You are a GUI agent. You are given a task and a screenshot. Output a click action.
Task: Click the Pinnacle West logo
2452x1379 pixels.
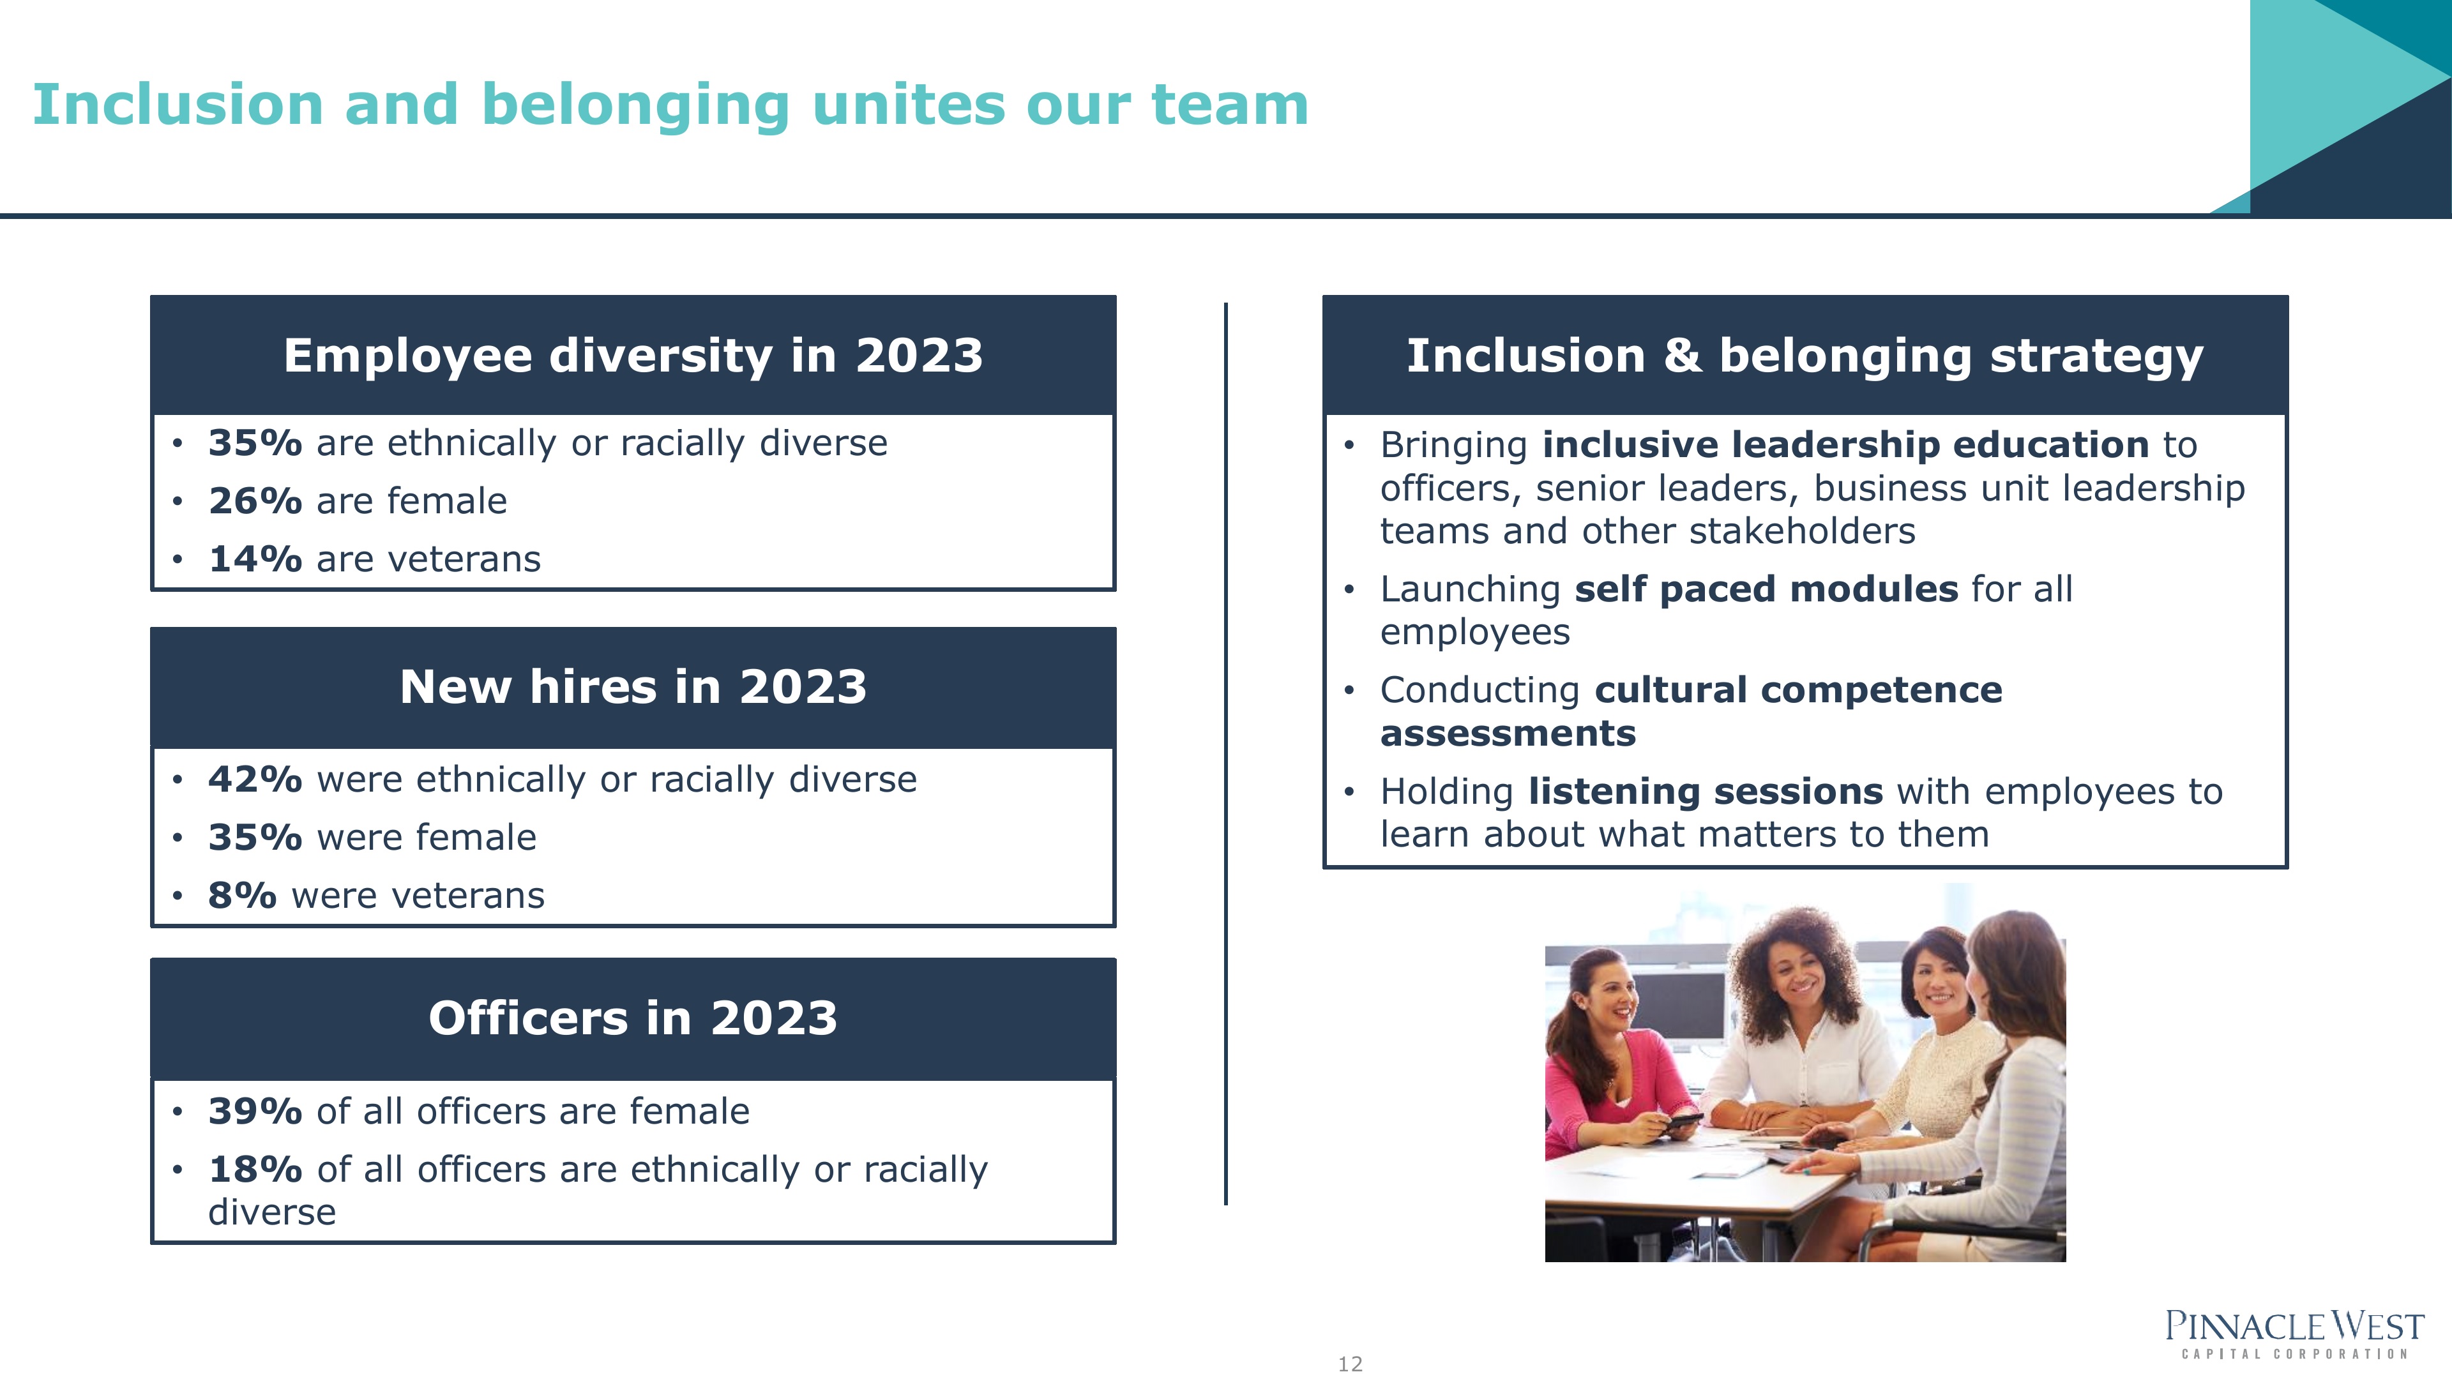2294,1334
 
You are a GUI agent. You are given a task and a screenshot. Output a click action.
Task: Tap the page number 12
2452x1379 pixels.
1350,1364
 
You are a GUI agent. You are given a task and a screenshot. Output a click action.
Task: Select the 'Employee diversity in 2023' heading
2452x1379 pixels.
633,356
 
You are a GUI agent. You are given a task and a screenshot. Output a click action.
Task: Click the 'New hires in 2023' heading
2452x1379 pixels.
633,687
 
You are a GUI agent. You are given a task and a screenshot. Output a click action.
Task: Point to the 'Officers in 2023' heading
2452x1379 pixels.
633,1018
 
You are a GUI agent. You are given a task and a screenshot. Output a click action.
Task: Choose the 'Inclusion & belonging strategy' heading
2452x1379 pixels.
1805,356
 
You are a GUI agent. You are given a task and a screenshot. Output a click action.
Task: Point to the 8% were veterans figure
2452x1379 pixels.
243,896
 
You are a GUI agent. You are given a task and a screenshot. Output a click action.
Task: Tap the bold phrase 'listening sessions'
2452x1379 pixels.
1706,792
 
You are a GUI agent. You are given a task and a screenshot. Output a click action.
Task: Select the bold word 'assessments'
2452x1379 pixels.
1508,734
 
